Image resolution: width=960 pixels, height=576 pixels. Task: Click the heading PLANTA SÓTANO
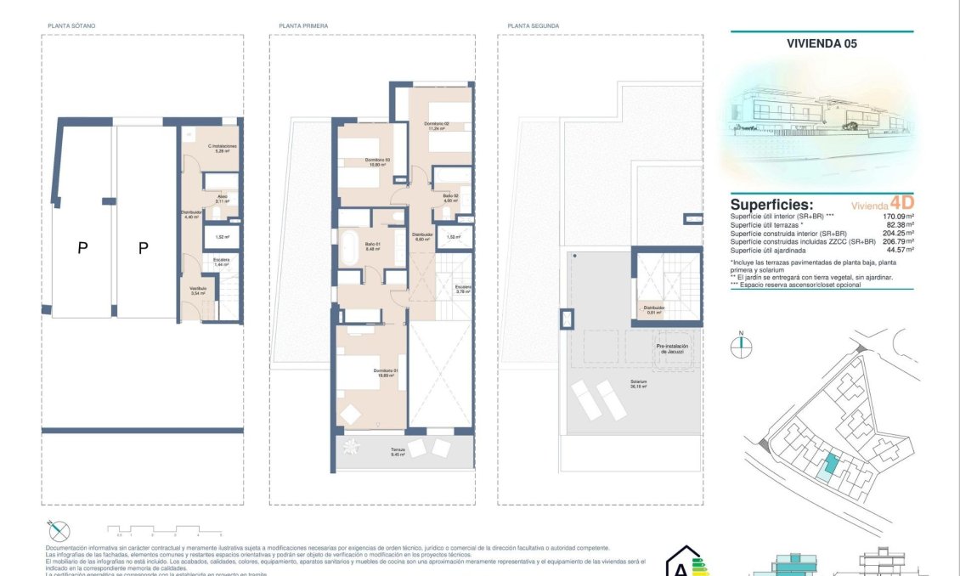71,26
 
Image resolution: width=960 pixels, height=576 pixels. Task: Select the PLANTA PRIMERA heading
303,26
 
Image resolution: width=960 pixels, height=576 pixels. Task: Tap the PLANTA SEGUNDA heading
533,26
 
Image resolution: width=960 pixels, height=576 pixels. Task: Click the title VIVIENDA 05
822,45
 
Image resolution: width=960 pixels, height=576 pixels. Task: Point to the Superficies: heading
771,205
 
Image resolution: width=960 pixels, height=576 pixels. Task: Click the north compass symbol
741,344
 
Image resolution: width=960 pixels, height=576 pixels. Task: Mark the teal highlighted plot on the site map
830,465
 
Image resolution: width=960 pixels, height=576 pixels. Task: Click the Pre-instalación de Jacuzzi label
670,348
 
